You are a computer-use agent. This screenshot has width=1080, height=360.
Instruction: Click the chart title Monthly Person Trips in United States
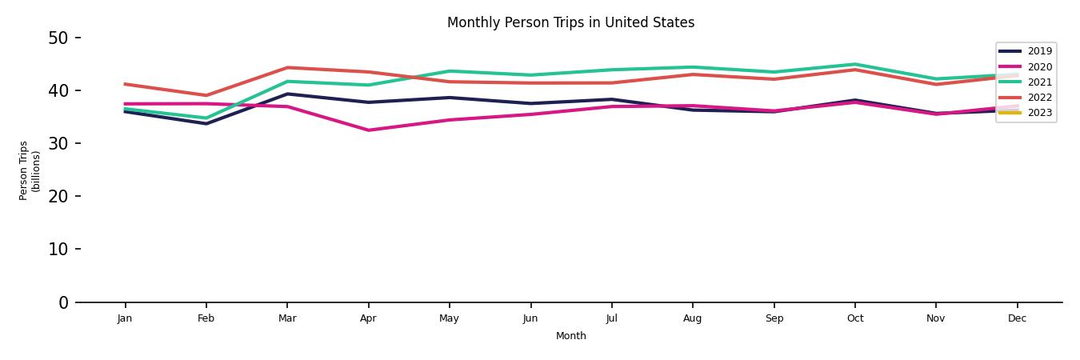pyautogui.click(x=570, y=22)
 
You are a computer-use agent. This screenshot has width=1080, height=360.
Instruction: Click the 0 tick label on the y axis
pyautogui.click(x=64, y=302)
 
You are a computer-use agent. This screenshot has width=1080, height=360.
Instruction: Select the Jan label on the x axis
pyautogui.click(x=125, y=318)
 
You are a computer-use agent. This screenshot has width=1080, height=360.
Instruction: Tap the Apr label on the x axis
pyautogui.click(x=368, y=318)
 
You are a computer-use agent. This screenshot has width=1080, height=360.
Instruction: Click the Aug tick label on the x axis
pyautogui.click(x=692, y=318)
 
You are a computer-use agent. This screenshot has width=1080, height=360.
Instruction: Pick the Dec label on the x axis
pyautogui.click(x=1017, y=318)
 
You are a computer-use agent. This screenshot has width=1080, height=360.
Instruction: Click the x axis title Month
pyautogui.click(x=571, y=336)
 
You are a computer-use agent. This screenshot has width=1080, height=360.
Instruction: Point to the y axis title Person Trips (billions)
pyautogui.click(x=30, y=170)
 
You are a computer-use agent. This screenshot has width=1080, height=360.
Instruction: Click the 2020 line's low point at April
pyautogui.click(x=368, y=130)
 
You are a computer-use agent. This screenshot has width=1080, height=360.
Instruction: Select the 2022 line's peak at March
pyautogui.click(x=287, y=67)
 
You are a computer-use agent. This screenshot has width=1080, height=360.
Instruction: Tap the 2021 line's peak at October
pyautogui.click(x=854, y=64)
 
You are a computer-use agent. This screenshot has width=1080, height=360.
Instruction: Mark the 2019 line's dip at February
pyautogui.click(x=206, y=123)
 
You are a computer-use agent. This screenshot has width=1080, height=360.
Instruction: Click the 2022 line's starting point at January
pyautogui.click(x=125, y=84)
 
